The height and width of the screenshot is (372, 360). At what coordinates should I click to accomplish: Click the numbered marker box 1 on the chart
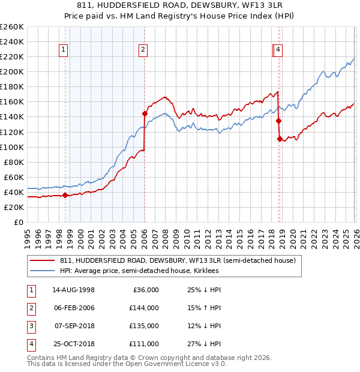pos(64,50)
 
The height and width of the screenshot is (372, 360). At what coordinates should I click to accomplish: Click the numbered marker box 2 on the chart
pos(143,50)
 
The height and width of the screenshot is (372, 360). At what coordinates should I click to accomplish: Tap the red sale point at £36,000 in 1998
pos(65,194)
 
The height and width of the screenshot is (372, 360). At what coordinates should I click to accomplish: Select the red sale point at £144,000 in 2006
pos(145,113)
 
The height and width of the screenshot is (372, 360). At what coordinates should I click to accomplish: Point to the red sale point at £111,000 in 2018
pos(280,139)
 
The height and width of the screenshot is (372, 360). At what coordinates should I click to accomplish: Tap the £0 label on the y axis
pos(17,222)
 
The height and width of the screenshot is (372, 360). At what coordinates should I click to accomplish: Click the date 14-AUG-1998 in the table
pos(74,290)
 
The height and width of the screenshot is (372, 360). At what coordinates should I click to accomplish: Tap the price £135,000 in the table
pos(145,326)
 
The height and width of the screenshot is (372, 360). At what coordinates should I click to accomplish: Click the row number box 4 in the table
pos(30,344)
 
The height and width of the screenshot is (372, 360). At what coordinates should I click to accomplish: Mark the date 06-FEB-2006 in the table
pos(74,308)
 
